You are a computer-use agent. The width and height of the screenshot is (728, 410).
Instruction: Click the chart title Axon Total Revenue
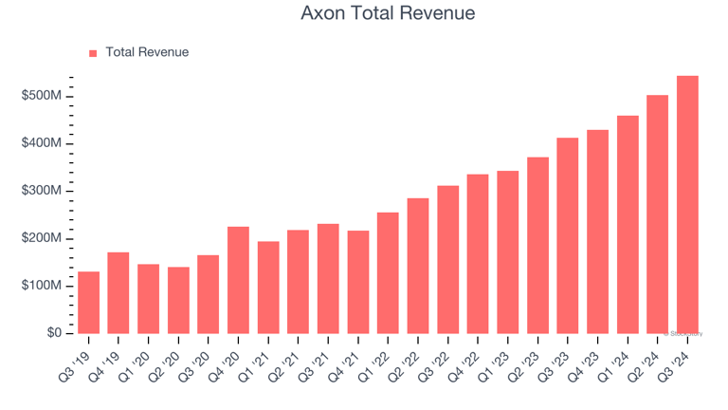(388, 14)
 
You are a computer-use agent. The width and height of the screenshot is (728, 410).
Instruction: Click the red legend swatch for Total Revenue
(93, 53)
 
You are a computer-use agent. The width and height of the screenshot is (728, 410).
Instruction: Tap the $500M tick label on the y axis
(42, 96)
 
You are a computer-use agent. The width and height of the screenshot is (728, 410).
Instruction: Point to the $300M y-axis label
(42, 191)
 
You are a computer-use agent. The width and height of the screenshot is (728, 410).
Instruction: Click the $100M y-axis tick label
(42, 286)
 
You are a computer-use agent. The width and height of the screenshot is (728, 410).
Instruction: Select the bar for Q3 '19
(88, 303)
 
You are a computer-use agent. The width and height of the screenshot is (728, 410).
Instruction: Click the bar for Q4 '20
(238, 280)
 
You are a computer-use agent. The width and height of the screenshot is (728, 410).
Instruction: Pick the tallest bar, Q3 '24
(687, 205)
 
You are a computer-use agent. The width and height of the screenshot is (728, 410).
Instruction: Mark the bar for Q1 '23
(508, 252)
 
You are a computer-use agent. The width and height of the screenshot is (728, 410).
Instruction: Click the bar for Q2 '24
(657, 214)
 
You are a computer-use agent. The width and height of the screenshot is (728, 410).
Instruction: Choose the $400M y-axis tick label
(42, 143)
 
